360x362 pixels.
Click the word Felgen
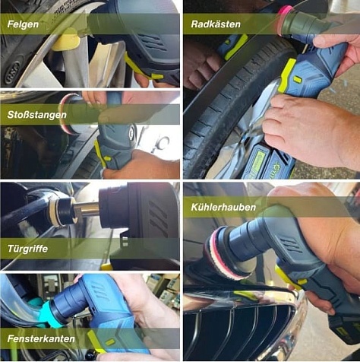23,24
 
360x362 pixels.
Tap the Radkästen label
216,24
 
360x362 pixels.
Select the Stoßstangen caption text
37,115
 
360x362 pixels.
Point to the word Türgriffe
27,249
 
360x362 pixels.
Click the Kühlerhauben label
223,207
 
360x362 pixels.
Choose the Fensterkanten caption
41,338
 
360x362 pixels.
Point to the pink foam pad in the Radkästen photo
285,21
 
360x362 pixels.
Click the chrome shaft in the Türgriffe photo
86,209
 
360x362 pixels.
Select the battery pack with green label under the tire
267,161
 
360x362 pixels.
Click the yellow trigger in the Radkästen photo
286,75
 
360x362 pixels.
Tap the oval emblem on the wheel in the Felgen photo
12,73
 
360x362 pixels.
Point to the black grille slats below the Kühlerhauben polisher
243,332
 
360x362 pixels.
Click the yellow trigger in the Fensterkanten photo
97,341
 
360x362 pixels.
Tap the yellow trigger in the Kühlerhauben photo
287,276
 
